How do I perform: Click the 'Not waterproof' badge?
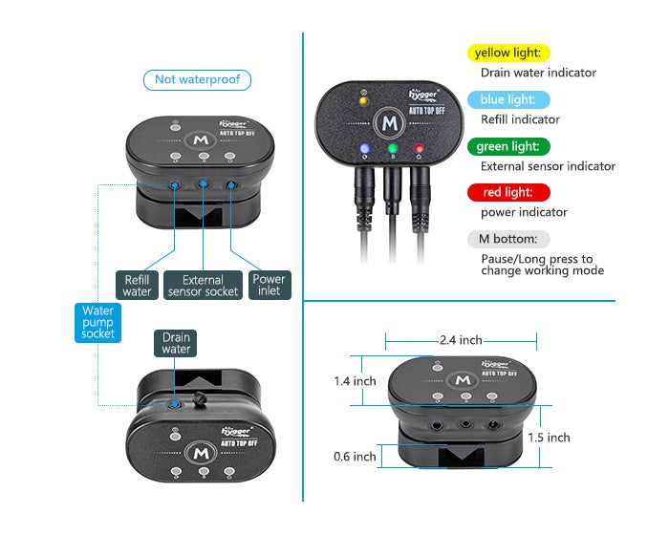point(197,80)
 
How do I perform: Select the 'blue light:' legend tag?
point(508,99)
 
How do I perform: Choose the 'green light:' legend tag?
point(509,146)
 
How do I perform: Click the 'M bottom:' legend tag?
point(507,239)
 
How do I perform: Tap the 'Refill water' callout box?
point(138,286)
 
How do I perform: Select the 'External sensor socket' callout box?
point(202,286)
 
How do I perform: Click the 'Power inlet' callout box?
point(268,286)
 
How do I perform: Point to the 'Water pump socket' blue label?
point(98,322)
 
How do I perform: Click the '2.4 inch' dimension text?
point(461,340)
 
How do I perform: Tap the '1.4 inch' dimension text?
point(355,381)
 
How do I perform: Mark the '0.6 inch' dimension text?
point(355,457)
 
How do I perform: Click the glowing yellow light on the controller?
point(362,99)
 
